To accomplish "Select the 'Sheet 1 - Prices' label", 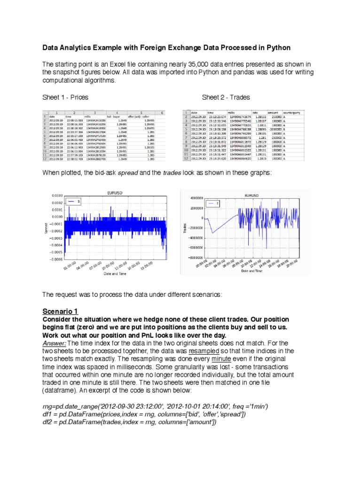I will click(x=65, y=97).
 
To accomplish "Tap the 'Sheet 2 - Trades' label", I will click(x=226, y=97).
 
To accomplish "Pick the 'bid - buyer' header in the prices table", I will click(x=116, y=116).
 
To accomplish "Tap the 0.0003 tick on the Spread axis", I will click(x=56, y=194).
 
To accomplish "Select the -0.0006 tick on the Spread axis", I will click(x=55, y=259).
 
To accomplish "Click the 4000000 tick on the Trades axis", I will click(x=196, y=198).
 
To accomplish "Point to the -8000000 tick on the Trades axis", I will click(x=195, y=257).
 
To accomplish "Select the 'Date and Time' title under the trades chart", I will click(x=252, y=271).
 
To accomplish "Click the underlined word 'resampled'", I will click(x=204, y=351).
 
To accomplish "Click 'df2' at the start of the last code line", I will click(x=47, y=422).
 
